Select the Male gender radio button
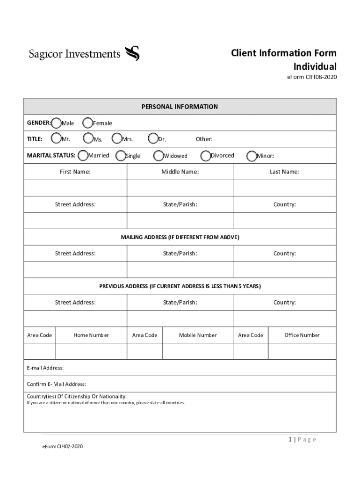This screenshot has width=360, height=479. tap(57, 123)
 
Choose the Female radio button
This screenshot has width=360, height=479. tap(87, 123)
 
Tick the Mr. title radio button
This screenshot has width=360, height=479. tap(56, 138)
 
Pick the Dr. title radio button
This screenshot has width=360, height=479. tap(153, 138)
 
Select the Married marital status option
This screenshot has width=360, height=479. tap(83, 155)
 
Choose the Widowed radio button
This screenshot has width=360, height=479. tap(158, 155)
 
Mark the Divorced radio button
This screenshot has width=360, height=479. tap(205, 155)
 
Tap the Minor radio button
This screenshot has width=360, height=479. tap(251, 155)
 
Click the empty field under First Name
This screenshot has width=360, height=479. tap(75, 188)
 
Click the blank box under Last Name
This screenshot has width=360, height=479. tap(284, 188)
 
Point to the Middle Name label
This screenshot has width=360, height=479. tap(180, 172)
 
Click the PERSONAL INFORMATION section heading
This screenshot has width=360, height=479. tap(180, 107)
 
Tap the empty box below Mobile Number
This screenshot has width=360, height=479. tap(197, 351)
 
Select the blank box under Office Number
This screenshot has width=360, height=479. tap(302, 351)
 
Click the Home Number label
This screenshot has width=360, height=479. tap(91, 335)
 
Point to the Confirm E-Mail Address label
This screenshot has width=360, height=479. tap(57, 385)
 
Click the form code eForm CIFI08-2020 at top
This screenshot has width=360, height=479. tap(311, 77)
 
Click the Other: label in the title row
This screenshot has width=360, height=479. tap(204, 139)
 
